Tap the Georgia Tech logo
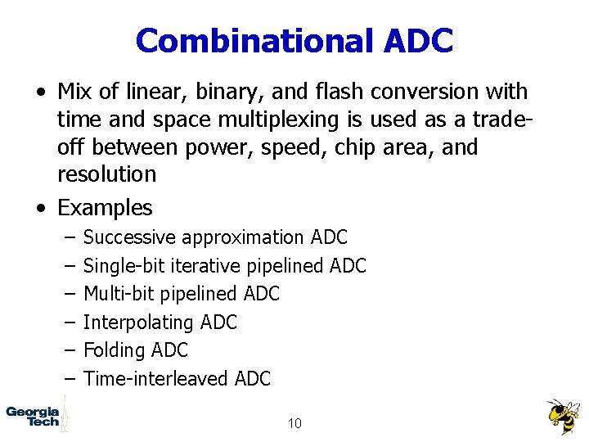click(x=34, y=416)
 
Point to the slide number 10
click(x=294, y=423)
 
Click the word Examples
click(x=105, y=208)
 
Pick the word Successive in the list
click(x=130, y=237)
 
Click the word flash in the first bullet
click(x=321, y=92)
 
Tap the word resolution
click(x=106, y=174)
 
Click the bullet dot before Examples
click(x=40, y=208)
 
